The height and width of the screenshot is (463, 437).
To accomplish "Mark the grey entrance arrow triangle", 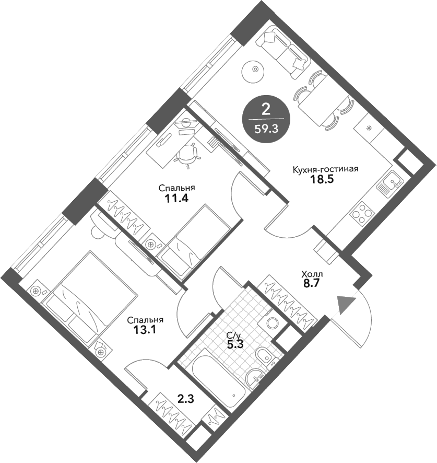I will coord(346,304).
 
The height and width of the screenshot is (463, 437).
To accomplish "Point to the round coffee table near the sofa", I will coord(254,70).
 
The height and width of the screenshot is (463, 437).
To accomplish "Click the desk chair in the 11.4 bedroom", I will coord(188,153).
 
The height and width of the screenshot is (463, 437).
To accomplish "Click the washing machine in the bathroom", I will coord(273,321).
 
